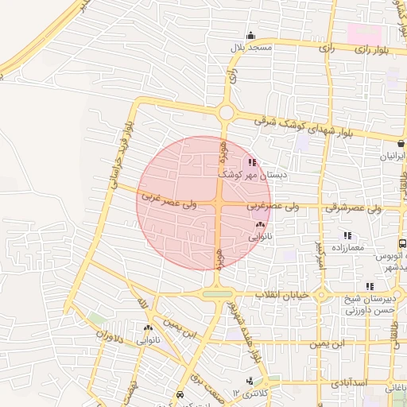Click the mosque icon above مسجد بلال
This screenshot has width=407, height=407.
click(x=251, y=35)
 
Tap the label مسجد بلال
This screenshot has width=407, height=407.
click(x=251, y=48)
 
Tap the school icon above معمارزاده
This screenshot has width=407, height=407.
click(x=347, y=235)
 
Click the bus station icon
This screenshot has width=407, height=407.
click(x=402, y=245)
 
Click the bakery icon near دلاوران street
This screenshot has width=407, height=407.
click(x=148, y=328)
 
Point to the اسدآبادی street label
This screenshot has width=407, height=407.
click(x=371, y=384)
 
